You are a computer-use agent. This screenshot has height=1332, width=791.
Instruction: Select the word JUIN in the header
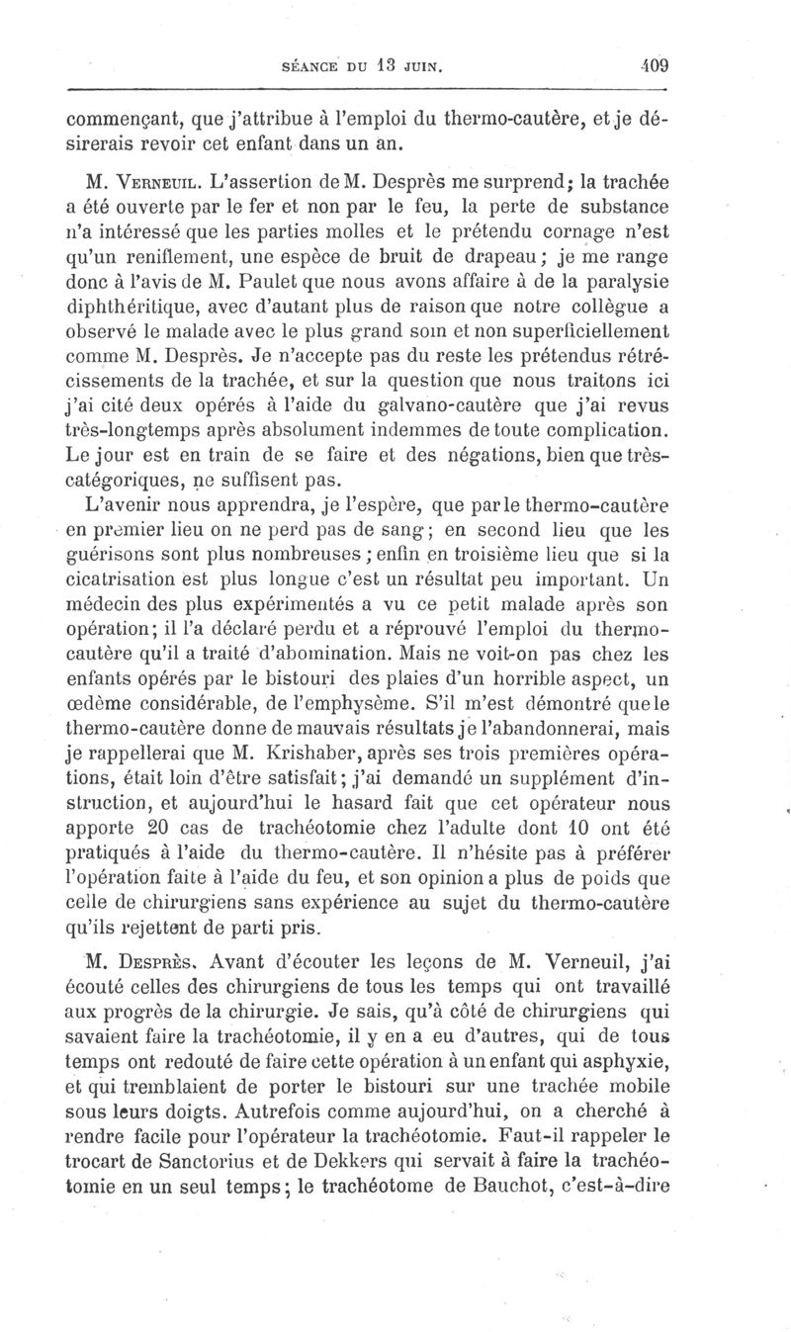418,67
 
